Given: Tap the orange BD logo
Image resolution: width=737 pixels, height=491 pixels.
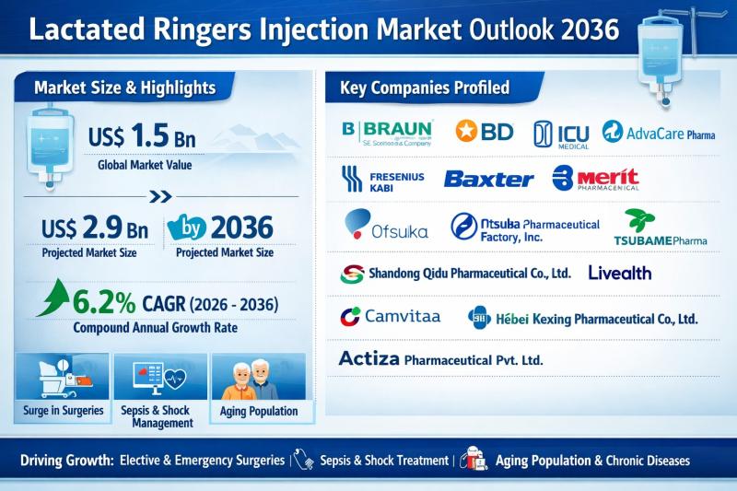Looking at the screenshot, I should point(484,132).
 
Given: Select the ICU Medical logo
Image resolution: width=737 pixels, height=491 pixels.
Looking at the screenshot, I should point(561,134).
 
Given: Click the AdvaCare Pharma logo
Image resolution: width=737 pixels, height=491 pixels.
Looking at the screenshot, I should point(659,134).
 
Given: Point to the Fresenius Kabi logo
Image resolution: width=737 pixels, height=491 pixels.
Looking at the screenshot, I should point(382,178).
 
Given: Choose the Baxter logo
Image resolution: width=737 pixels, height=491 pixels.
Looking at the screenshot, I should point(488,179).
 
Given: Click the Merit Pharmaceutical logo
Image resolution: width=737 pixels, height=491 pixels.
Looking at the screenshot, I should point(595,178).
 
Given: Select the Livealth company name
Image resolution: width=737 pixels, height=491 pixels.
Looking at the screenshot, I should point(619,273).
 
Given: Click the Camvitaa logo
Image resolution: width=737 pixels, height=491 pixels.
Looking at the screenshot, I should point(390,317).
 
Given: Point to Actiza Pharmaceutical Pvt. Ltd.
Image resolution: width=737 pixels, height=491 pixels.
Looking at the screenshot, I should point(441,358).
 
